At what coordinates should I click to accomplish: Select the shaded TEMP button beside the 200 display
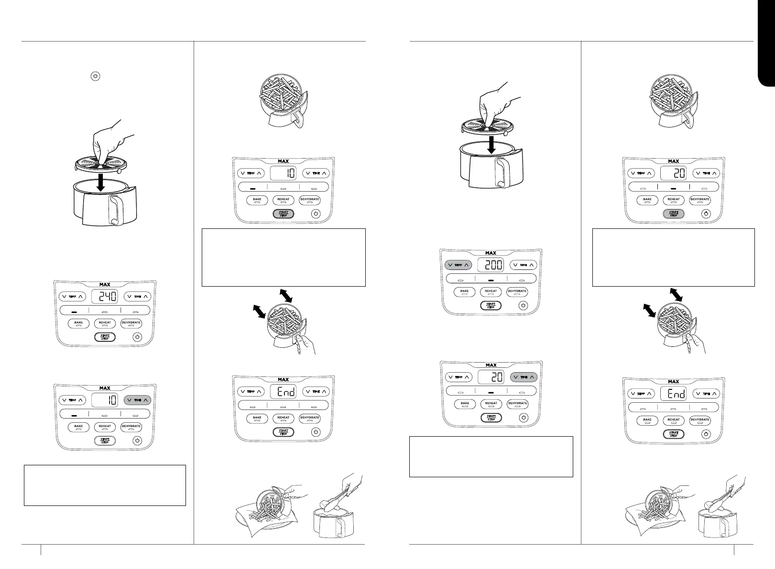click(458, 265)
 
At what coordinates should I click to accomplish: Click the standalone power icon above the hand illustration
click(96, 76)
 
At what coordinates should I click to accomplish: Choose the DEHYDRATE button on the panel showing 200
click(517, 291)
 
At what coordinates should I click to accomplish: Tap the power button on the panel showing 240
click(137, 337)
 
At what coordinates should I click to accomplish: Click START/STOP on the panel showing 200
click(491, 305)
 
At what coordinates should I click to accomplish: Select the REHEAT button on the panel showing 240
click(105, 323)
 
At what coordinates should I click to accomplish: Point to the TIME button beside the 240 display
click(137, 297)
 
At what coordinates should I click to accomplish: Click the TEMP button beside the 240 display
click(72, 297)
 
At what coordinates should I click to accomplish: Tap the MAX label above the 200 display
click(491, 253)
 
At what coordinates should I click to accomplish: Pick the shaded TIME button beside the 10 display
click(137, 400)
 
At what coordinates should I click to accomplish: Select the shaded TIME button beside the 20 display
click(524, 377)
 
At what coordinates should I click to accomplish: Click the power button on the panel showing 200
click(524, 305)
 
